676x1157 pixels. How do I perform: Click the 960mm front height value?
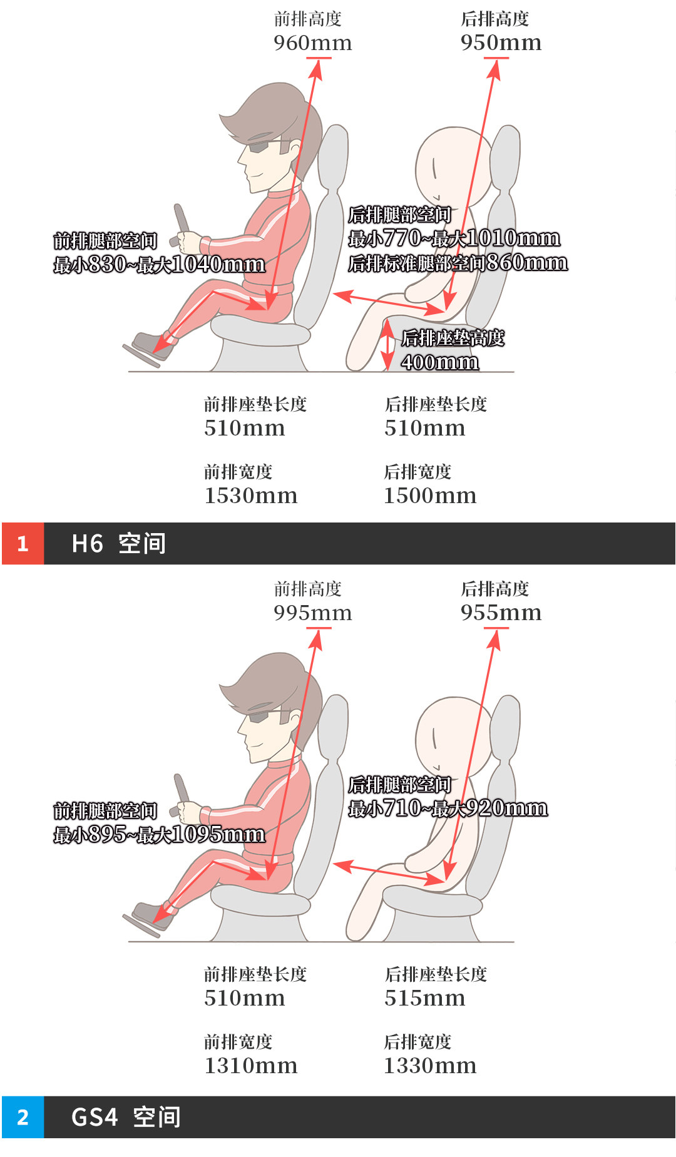point(312,43)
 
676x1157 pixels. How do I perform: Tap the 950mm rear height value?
point(501,43)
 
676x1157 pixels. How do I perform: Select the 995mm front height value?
point(312,613)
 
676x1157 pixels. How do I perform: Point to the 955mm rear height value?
point(501,613)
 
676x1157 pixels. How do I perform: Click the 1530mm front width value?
point(250,496)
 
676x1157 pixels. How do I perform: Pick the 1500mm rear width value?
point(430,496)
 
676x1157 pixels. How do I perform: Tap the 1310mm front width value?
point(250,1066)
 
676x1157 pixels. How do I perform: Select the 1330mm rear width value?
point(430,1066)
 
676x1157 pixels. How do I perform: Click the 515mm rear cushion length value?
point(425,999)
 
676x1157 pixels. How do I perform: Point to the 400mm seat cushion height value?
point(440,362)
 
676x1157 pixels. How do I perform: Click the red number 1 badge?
point(23,543)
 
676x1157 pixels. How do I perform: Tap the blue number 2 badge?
point(23,1117)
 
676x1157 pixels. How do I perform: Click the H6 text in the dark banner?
point(87,544)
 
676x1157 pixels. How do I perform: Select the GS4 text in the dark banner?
point(95,1117)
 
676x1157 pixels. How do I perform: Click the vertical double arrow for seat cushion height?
point(389,344)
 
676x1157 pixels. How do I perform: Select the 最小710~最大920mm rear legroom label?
point(448,808)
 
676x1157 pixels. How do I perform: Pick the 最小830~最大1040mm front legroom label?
point(159,265)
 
